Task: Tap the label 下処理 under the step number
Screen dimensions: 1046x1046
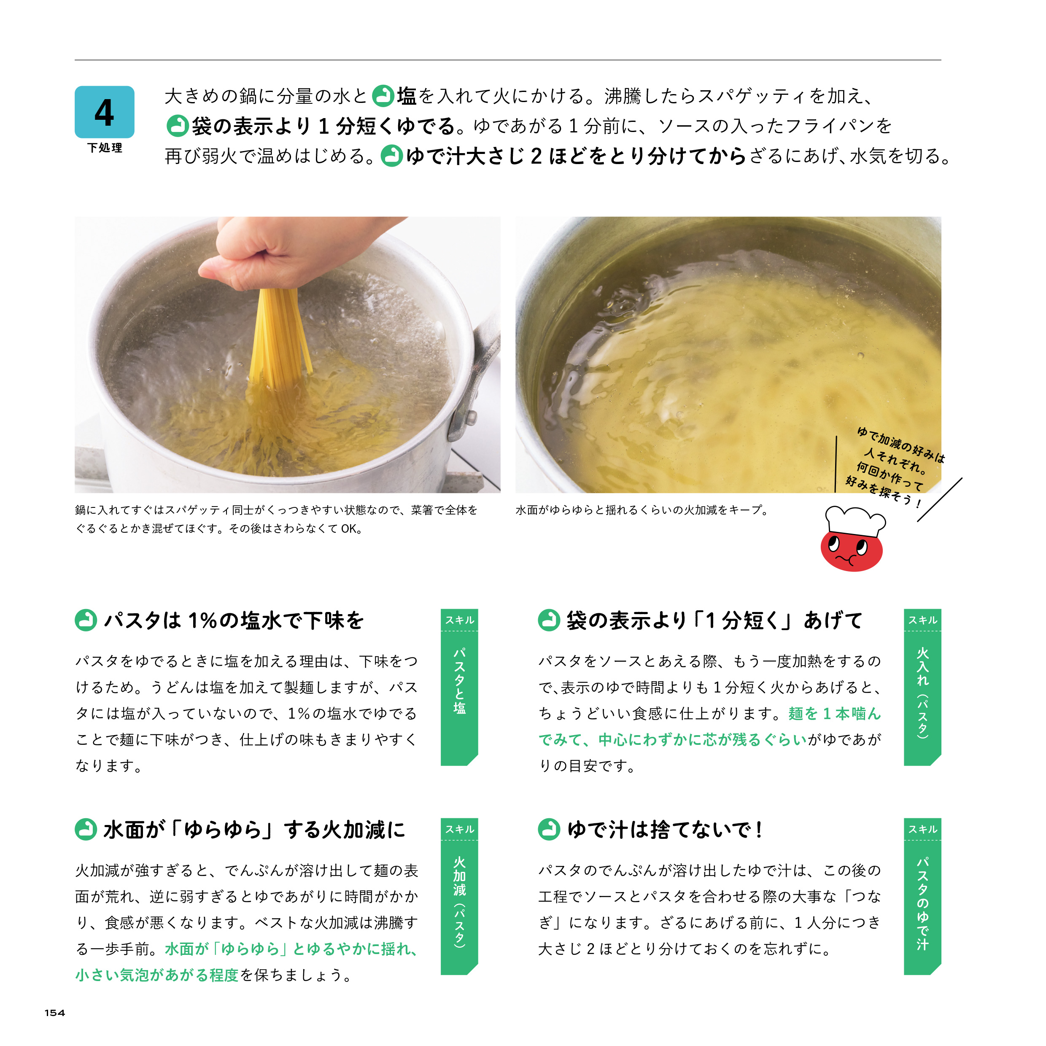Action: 105,148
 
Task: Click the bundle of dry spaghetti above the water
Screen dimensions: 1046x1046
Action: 279,336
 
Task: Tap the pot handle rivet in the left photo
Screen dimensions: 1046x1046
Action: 470,418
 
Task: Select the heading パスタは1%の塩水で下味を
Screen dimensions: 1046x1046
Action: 234,620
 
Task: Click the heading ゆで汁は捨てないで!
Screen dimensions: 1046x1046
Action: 666,830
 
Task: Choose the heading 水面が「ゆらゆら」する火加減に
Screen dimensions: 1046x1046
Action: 254,830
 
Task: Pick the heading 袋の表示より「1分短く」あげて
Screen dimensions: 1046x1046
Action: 714,620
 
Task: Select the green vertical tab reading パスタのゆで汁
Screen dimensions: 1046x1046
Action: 922,896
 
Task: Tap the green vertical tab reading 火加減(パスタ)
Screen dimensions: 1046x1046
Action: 459,896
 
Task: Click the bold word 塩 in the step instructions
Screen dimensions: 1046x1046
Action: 407,96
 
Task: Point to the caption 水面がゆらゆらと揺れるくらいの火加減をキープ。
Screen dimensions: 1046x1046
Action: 642,510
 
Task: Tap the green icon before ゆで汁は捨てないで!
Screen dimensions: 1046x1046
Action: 549,830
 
